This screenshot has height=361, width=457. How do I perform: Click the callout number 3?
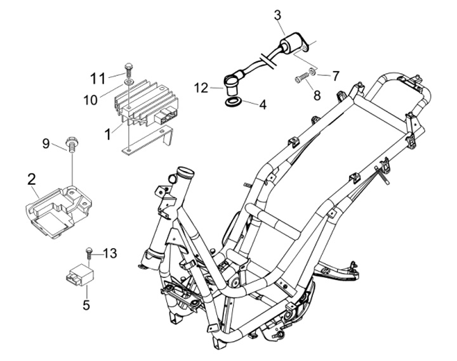point(278,15)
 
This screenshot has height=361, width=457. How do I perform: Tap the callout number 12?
point(201,87)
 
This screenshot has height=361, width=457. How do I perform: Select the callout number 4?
point(263,104)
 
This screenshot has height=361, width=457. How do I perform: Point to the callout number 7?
point(336,76)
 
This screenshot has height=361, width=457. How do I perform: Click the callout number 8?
point(317,95)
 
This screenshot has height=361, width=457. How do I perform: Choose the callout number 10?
point(91,100)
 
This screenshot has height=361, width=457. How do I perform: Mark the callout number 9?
point(46,144)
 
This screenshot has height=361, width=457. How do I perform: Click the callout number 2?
point(32,179)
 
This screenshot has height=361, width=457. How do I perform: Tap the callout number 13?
point(110,253)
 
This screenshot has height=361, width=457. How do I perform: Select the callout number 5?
point(86,305)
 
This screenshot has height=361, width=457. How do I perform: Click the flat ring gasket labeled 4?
point(233,103)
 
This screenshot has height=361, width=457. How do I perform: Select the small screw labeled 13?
point(88,254)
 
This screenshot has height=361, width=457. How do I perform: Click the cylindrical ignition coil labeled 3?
point(295,44)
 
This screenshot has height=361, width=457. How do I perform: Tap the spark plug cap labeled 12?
point(232,84)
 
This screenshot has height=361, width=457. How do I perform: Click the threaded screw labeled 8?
point(301,79)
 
